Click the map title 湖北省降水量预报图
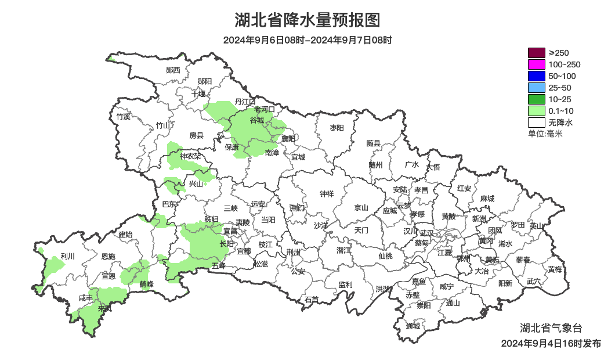pyautogui.click(x=307, y=20)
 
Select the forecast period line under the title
pyautogui.click(x=307, y=40)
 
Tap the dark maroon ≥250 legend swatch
pyautogui.click(x=536, y=53)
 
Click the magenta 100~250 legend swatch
pyautogui.click(x=536, y=64)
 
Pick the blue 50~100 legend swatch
pyautogui.click(x=536, y=76)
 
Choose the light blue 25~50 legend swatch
pyautogui.click(x=536, y=88)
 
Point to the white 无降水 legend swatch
pyautogui.click(x=536, y=123)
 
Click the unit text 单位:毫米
pyautogui.click(x=545, y=134)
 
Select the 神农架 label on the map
pyautogui.click(x=190, y=156)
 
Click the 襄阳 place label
pyautogui.click(x=288, y=139)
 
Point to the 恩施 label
pyautogui.click(x=108, y=256)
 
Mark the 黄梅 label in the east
pyautogui.click(x=554, y=269)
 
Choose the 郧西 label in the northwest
pyautogui.click(x=173, y=70)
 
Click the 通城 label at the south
pyautogui.click(x=413, y=326)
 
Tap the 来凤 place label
pyautogui.click(x=105, y=309)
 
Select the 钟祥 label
pyautogui.click(x=327, y=194)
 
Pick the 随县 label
pyautogui.click(x=373, y=143)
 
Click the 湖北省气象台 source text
pyautogui.click(x=551, y=327)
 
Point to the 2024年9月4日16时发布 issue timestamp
pyautogui.click(x=551, y=344)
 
